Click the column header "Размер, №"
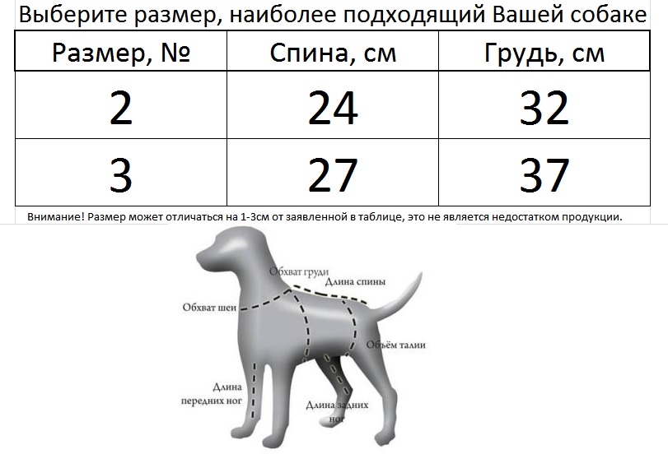point(121,53)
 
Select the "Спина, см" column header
point(333,53)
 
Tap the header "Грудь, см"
point(544,53)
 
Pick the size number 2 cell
point(121,108)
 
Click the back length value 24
point(333,108)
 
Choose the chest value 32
point(544,108)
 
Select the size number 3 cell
point(121,174)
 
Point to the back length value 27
point(333,174)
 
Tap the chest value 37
point(544,174)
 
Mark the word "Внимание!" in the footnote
point(56,217)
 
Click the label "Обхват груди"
point(299,271)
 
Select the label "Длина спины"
point(355,281)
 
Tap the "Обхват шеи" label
point(209,307)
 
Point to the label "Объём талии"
point(396,345)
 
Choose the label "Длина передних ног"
point(212,394)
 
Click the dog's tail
point(399,298)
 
